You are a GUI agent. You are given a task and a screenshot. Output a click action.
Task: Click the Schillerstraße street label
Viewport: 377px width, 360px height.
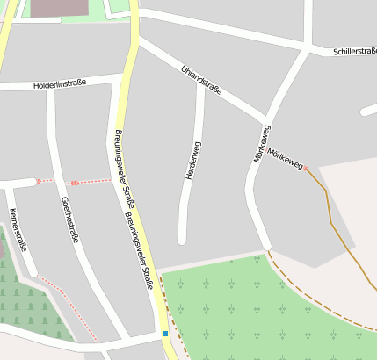pyautogui.click(x=354, y=52)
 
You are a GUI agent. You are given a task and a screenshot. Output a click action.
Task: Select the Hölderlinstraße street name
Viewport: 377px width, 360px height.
pyautogui.click(x=59, y=84)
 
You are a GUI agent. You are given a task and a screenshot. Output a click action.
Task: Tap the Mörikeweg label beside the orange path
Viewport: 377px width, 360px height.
pyautogui.click(x=286, y=159)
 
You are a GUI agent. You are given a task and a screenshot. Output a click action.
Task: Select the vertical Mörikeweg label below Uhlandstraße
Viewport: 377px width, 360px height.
pyautogui.click(x=261, y=143)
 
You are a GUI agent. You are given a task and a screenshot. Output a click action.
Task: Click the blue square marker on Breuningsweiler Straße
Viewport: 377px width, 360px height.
pyautogui.click(x=164, y=334)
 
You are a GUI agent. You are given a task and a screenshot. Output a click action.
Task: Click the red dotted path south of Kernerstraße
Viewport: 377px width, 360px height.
pyautogui.click(x=70, y=307)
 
